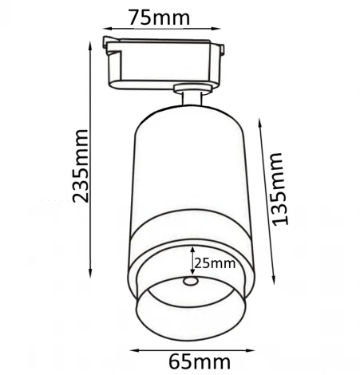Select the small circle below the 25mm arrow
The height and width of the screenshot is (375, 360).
click(190, 282)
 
